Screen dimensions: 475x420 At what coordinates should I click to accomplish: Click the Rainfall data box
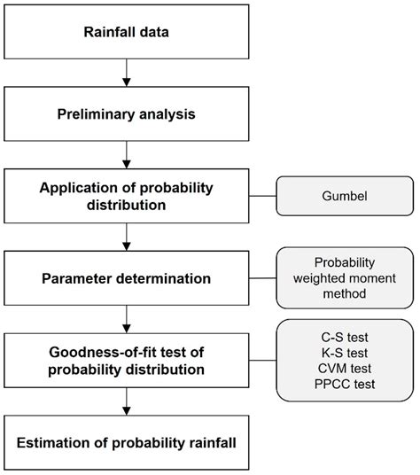pyautogui.click(x=129, y=35)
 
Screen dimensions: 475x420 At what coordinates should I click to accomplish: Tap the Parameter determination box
pyautogui.click(x=129, y=279)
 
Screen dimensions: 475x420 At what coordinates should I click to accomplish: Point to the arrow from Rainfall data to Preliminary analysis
pyautogui.click(x=129, y=74)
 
